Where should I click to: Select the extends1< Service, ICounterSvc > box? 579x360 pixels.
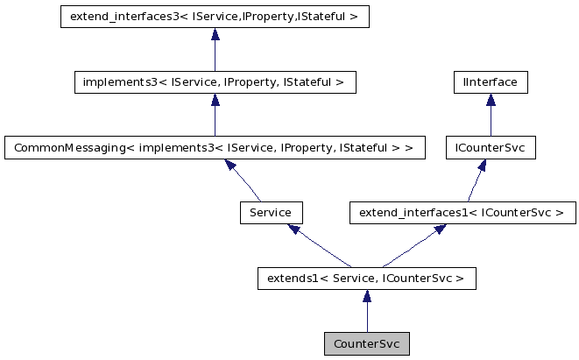366,279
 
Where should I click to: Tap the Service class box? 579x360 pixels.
271,213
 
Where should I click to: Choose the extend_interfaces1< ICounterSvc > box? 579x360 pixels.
462,213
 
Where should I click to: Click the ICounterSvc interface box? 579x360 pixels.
491,148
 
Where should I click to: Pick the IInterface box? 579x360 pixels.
491,83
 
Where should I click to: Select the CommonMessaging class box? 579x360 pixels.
215,148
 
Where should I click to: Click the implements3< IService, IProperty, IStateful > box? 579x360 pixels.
215,83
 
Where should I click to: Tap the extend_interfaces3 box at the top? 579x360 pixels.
215,17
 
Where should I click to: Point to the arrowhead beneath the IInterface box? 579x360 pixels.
491,100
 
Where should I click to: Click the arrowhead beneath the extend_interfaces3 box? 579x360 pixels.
215,34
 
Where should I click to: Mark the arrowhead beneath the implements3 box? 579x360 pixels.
215,100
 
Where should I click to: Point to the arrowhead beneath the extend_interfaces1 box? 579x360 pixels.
441,229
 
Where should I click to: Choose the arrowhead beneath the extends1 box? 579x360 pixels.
366,296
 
